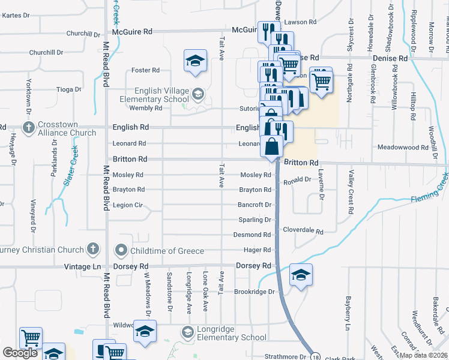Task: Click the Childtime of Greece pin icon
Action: (x=121, y=250)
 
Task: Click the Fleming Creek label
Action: (x=429, y=194)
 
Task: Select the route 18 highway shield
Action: (x=316, y=356)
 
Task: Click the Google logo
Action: (x=20, y=353)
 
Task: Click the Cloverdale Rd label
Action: (x=303, y=231)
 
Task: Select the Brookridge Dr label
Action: (x=254, y=292)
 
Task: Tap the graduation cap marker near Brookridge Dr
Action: (x=301, y=275)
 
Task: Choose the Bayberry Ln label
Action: (x=347, y=312)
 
